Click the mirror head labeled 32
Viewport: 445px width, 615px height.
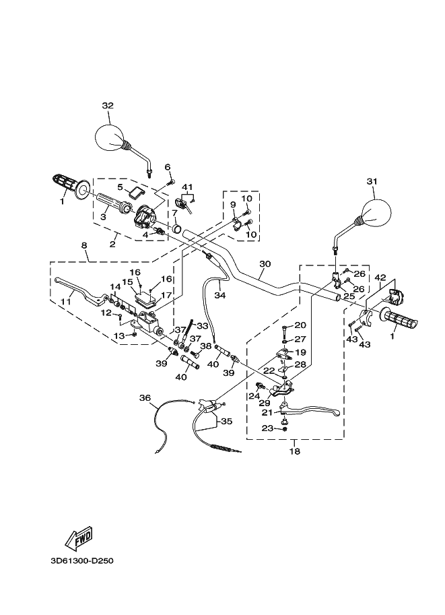110,137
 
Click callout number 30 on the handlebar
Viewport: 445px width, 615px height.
265,264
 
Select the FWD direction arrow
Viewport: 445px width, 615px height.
79,537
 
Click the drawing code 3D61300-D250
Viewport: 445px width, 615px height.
82,561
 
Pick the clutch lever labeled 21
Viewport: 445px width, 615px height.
310,410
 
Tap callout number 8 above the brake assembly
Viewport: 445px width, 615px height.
84,246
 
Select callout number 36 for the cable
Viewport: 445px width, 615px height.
145,398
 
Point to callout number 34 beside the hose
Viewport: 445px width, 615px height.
220,295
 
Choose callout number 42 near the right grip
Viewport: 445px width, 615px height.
380,278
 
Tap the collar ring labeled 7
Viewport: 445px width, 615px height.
177,228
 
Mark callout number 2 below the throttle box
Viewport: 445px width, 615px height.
112,245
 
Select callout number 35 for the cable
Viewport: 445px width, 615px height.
227,422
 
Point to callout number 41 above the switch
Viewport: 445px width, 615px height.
187,187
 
